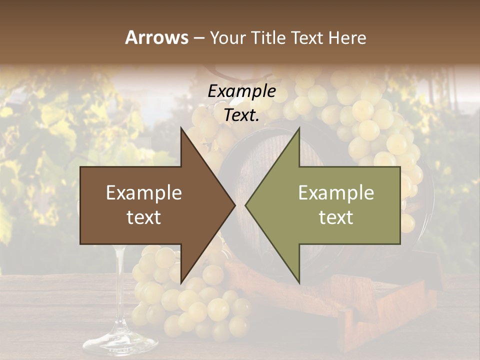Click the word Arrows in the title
(156, 37)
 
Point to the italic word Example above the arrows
(241, 91)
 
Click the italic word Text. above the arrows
(241, 115)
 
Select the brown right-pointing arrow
(150, 205)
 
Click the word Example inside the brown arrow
(144, 193)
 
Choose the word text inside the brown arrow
(144, 217)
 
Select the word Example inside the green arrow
(336, 193)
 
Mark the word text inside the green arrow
(336, 217)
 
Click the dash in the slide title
(198, 38)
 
